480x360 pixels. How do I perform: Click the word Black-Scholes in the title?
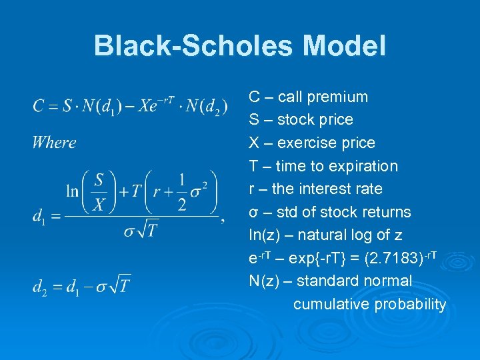193,46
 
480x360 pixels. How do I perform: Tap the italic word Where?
54,142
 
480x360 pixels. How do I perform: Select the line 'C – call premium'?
308,97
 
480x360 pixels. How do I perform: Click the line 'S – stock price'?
301,120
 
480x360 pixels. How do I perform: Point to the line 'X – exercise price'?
311,143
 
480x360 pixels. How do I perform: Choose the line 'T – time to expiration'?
323,166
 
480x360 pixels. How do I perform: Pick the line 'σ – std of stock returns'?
329,212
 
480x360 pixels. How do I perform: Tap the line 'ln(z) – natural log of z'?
325,235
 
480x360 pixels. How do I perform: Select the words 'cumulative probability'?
369,305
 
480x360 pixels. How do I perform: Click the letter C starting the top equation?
38,106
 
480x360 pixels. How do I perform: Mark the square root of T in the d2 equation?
119,285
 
